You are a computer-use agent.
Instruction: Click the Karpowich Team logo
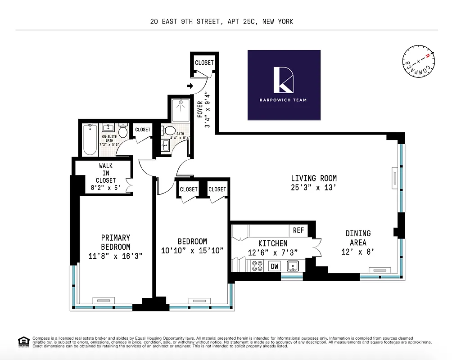click(284, 85)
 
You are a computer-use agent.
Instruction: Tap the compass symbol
click(418, 63)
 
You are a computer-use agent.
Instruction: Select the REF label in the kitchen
click(298, 230)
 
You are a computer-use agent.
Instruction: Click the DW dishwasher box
click(274, 266)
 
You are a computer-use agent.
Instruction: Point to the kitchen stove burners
click(258, 266)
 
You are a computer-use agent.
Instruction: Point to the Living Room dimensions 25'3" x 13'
click(313, 188)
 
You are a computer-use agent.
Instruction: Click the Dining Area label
click(358, 238)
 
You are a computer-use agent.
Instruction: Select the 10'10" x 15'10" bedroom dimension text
click(192, 251)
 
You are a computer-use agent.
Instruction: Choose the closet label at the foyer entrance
click(204, 63)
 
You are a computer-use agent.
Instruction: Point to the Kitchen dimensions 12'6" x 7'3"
click(273, 252)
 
